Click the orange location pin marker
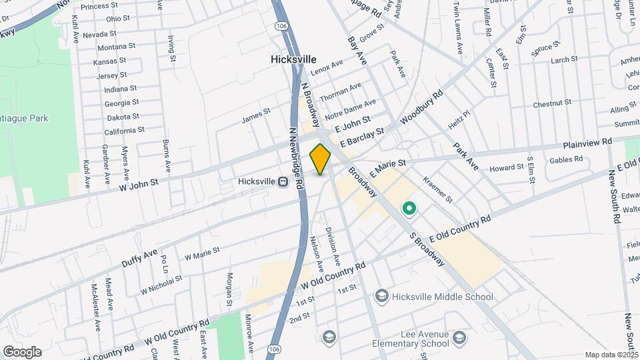[320, 159]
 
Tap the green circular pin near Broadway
[409, 210]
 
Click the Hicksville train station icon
[283, 181]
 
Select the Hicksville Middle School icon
[381, 296]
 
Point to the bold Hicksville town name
[293, 59]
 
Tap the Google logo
[21, 352]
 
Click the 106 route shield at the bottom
[273, 349]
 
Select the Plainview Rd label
[587, 143]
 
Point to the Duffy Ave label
[139, 258]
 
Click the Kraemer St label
[438, 190]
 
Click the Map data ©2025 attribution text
[611, 355]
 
